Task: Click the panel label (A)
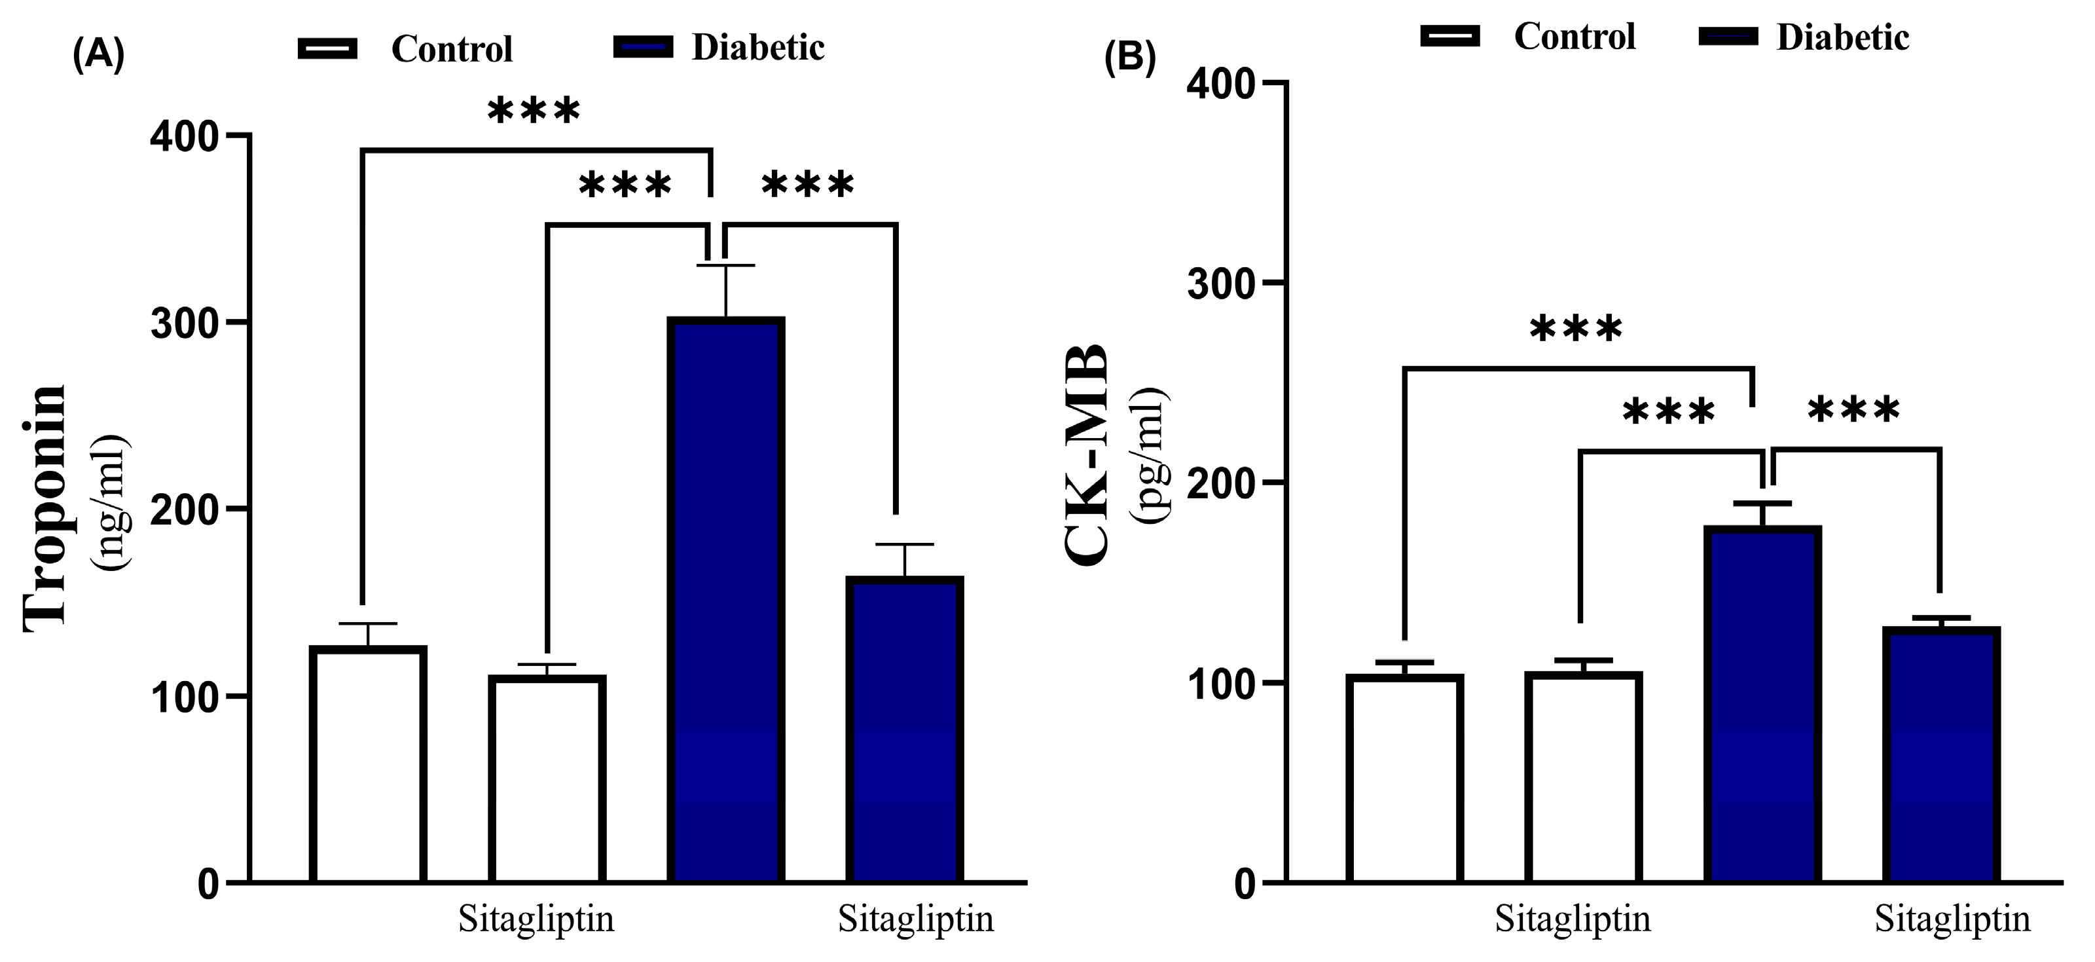(98, 55)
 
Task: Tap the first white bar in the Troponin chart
(369, 764)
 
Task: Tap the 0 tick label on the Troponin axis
(208, 885)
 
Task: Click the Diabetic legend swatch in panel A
(644, 47)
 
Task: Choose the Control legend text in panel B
(1575, 37)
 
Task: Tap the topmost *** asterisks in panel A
(534, 111)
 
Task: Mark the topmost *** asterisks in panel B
(1575, 330)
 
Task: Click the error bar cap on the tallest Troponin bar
(725, 266)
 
